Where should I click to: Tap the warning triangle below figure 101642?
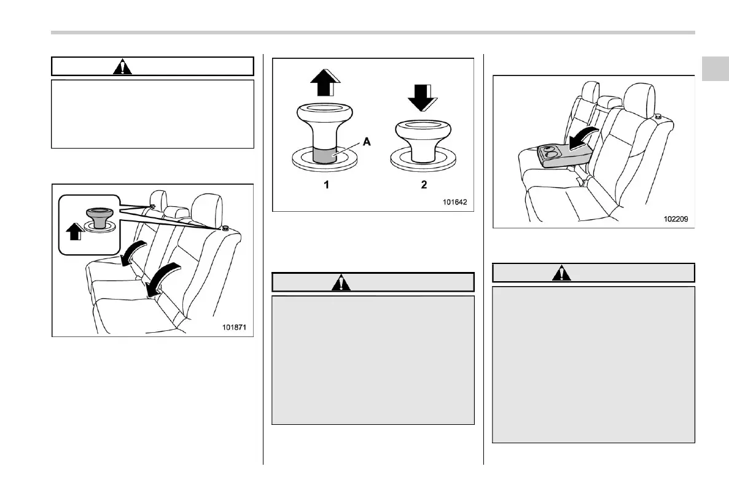click(x=340, y=282)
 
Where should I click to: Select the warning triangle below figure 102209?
click(x=560, y=273)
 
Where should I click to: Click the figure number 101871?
click(x=235, y=327)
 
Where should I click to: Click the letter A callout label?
click(x=366, y=141)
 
